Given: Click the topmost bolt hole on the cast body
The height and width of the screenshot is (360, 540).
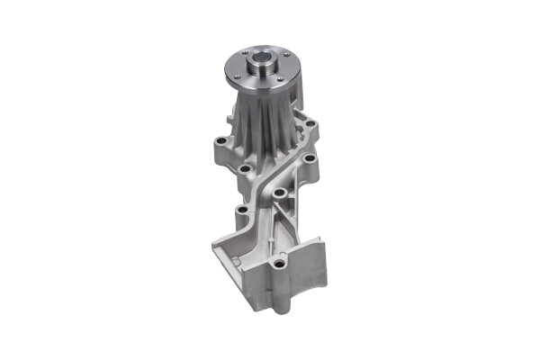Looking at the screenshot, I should [311, 123].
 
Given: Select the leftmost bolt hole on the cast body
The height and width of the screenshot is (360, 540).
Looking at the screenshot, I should [220, 140].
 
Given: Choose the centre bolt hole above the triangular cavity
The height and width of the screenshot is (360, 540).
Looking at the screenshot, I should [280, 193].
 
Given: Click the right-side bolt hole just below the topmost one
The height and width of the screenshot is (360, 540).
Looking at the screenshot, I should [309, 158].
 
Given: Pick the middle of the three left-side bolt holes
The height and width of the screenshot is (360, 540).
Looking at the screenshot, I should [244, 168].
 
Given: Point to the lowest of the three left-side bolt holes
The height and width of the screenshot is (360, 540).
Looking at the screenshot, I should [241, 212].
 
